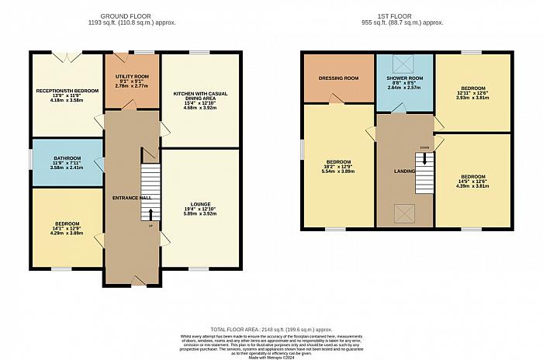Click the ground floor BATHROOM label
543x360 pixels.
[67, 154]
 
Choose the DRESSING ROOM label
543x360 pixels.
[338, 78]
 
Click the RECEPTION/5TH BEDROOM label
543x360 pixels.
[67, 91]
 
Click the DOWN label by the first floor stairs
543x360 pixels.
[424, 147]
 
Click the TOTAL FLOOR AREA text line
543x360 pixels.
[271, 329]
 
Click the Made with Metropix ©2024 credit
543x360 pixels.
[271, 356]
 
